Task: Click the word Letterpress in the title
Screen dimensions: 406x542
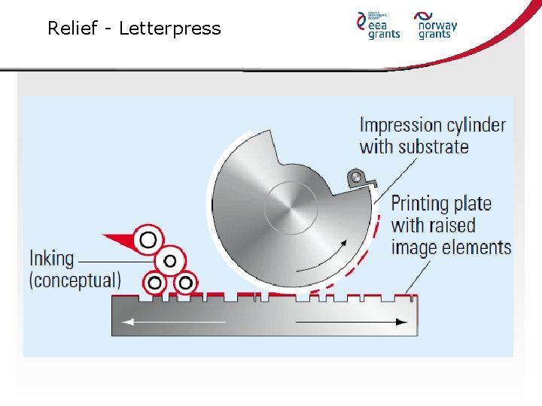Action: pyautogui.click(x=170, y=29)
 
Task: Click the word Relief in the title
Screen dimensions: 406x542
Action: pyautogui.click(x=73, y=29)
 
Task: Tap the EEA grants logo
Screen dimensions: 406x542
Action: pyautogui.click(x=379, y=25)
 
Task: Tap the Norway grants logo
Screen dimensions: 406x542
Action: pyautogui.click(x=437, y=25)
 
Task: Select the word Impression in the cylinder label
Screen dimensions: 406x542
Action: pyautogui.click(x=400, y=125)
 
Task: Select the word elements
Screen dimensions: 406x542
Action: pyautogui.click(x=477, y=247)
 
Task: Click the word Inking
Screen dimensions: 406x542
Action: pyautogui.click(x=52, y=259)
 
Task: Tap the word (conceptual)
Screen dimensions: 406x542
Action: pyautogui.click(x=75, y=280)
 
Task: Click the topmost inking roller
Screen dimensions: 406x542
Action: pyautogui.click(x=148, y=240)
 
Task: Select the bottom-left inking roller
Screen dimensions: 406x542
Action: pyautogui.click(x=155, y=283)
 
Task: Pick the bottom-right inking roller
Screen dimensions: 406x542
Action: pyautogui.click(x=184, y=283)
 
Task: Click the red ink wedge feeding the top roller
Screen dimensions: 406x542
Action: pyautogui.click(x=118, y=241)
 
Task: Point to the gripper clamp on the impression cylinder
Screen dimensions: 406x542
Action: pyautogui.click(x=356, y=178)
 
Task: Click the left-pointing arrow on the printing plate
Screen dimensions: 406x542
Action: pyautogui.click(x=173, y=322)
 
